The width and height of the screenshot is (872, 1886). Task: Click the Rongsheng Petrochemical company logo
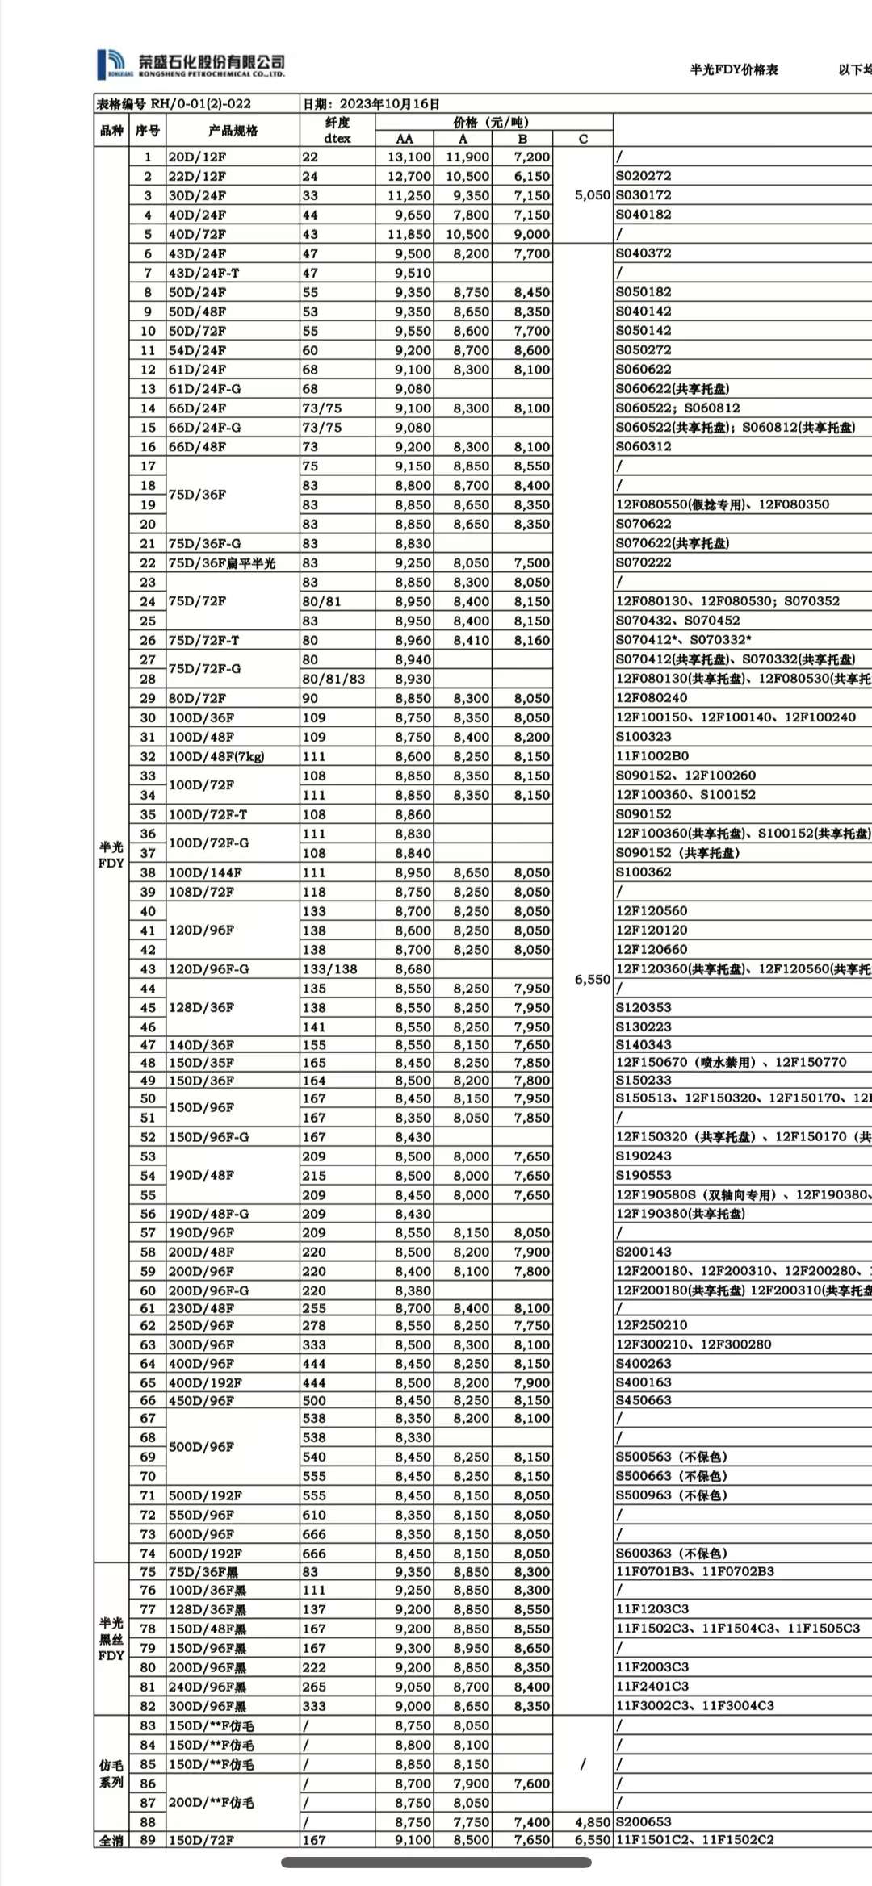click(191, 65)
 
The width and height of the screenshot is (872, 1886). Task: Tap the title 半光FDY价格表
click(733, 70)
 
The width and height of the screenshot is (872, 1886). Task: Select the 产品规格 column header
click(233, 131)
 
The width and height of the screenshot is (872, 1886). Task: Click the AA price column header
click(405, 139)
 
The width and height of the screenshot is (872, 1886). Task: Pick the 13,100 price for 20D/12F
click(409, 157)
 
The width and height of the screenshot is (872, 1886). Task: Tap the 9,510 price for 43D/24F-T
click(413, 274)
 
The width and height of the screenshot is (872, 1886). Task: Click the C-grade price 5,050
click(593, 195)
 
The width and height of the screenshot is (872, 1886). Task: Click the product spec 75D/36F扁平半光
click(221, 563)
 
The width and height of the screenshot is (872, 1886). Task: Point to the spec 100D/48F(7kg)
click(216, 757)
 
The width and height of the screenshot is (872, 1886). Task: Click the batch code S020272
click(644, 176)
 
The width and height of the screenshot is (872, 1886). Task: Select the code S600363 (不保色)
click(671, 1554)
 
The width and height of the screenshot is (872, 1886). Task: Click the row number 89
click(148, 1841)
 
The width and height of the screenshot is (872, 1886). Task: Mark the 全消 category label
click(111, 1841)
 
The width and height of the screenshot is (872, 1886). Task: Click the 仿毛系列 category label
click(111, 1773)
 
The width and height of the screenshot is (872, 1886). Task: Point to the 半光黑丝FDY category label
click(111, 1639)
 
